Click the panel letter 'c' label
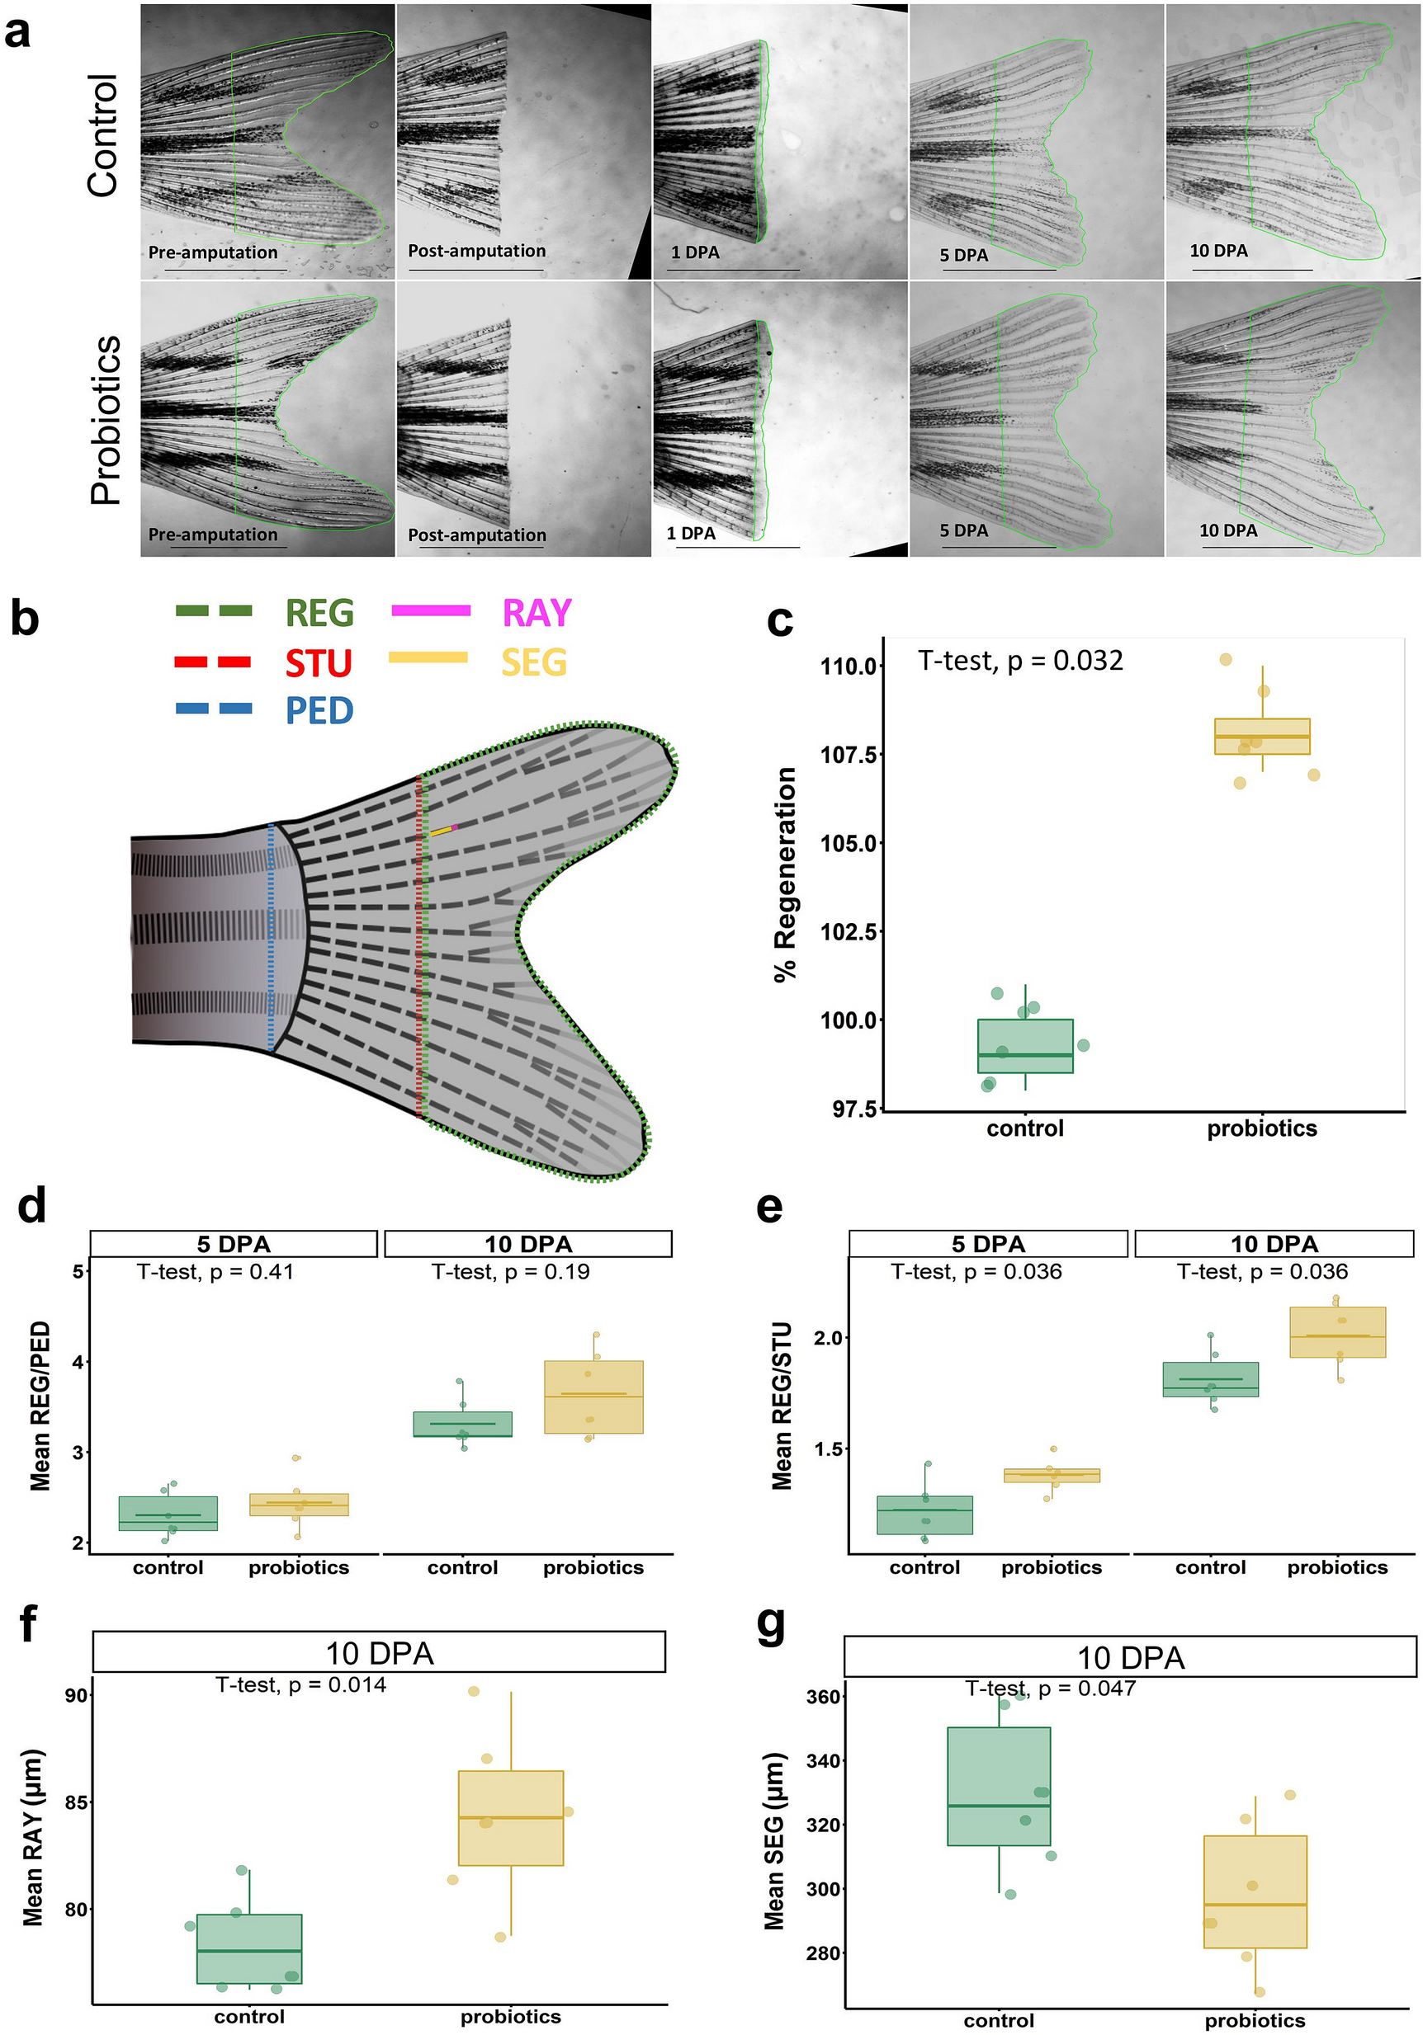pos(779,620)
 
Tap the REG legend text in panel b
pos(319,614)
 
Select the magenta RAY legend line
pos(431,610)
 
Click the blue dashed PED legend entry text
pos(319,711)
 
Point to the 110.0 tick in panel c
pos(849,667)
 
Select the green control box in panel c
pos(1025,1046)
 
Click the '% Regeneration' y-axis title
pos(786,874)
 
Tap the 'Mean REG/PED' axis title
pos(40,1406)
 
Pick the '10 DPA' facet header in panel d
pos(527,1243)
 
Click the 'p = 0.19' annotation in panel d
pos(510,1272)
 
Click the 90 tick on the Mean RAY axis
pos(76,1695)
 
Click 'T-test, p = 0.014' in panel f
pos(300,1685)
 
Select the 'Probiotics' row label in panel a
pos(106,420)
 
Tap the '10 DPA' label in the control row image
pos(1218,251)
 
